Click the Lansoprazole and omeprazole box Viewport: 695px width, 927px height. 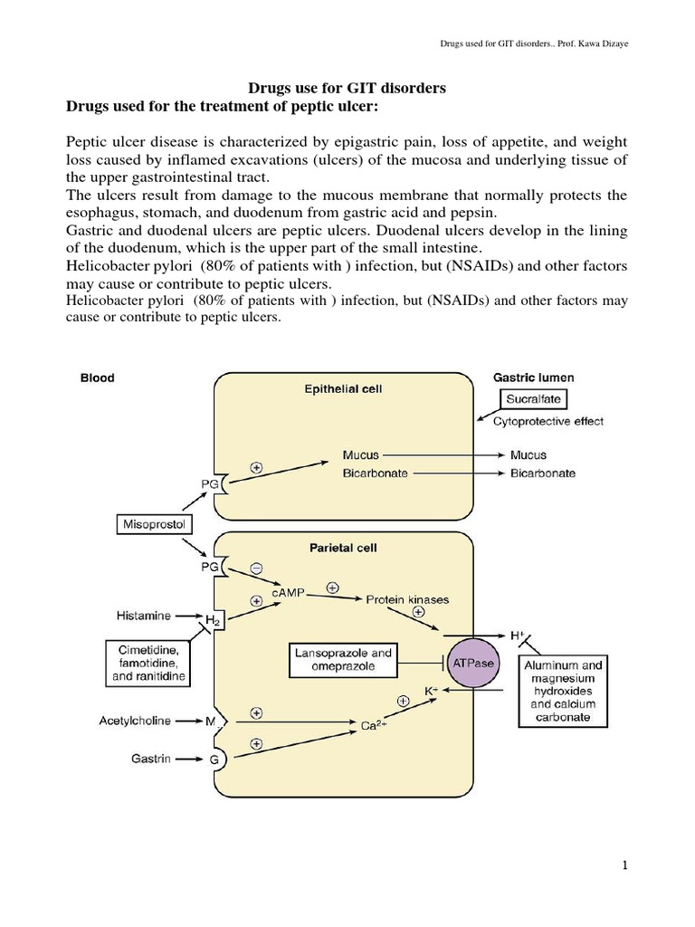click(x=343, y=659)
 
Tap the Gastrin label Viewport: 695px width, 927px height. click(x=149, y=760)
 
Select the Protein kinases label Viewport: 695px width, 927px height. click(x=406, y=599)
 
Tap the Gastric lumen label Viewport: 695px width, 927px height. click(x=533, y=377)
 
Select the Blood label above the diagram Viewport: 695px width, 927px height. click(x=97, y=377)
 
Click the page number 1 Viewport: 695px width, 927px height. click(x=624, y=866)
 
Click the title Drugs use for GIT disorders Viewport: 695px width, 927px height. click(x=347, y=89)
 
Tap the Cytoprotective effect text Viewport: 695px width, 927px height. click(x=548, y=421)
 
